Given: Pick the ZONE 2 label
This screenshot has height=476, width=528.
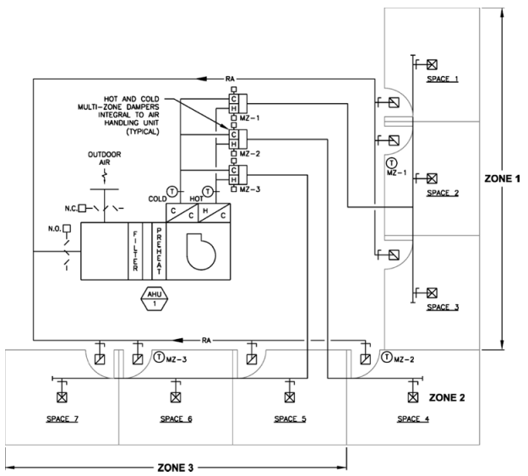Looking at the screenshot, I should [x=447, y=396].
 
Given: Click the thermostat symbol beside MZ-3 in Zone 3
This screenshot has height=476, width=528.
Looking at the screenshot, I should [x=157, y=358].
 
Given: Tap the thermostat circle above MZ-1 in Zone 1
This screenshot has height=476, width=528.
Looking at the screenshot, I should [x=390, y=161].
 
